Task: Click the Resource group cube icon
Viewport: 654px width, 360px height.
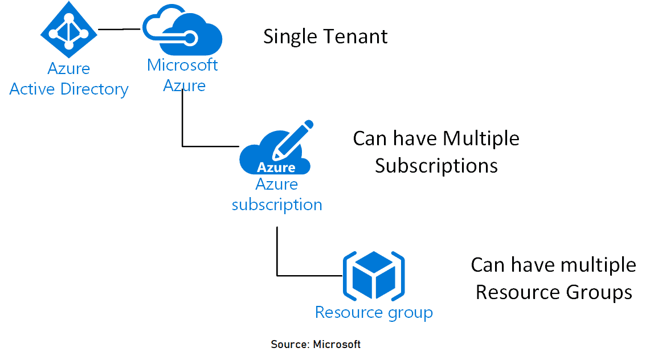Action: coord(373,276)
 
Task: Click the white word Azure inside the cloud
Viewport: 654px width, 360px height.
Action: coord(276,167)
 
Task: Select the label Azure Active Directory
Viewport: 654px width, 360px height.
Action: coord(69,79)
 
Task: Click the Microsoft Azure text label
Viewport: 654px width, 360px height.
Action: coord(182,75)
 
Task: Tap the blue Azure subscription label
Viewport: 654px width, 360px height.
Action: coord(277,194)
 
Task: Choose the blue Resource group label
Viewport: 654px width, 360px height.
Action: coord(374,313)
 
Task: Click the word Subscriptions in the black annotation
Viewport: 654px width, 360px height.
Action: coord(436,166)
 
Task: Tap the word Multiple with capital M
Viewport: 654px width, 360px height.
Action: coord(481,138)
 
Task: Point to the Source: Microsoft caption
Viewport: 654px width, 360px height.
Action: coord(316,345)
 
